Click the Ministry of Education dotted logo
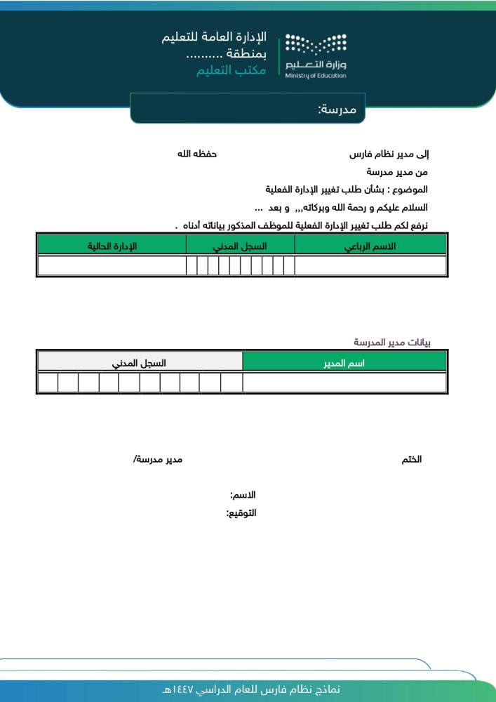pos(316,47)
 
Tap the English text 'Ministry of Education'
pos(316,75)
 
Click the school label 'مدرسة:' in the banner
pos(337,109)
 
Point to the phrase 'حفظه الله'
pos(196,153)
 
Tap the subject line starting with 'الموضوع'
pos(347,190)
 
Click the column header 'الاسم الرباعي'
pos(370,246)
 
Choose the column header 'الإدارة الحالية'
pos(112,246)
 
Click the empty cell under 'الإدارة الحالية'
pos(112,266)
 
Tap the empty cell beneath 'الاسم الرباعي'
pos(370,266)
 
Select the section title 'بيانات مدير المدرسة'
pos(391,343)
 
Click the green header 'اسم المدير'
pos(344,363)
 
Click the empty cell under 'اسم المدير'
pos(344,383)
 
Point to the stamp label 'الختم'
pos(411,459)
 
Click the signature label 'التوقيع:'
pos(241,513)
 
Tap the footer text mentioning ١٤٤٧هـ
pos(250,690)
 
